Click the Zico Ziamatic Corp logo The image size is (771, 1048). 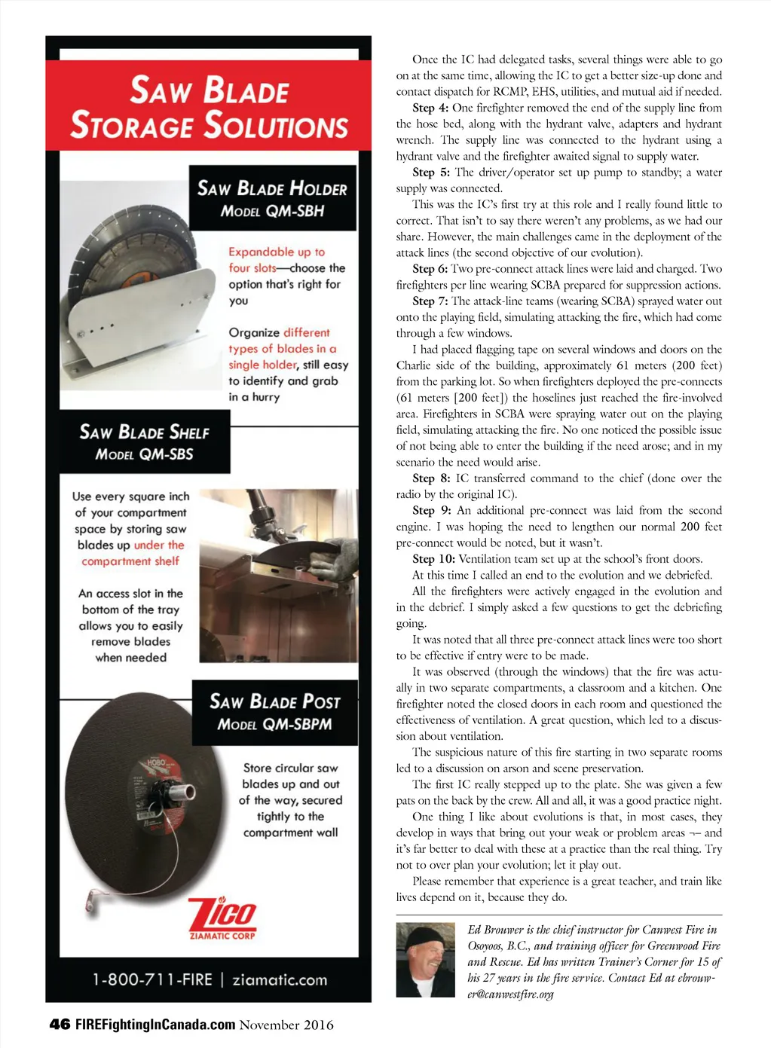click(x=222, y=918)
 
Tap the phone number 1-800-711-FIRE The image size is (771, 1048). click(x=152, y=979)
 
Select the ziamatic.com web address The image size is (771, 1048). click(x=280, y=979)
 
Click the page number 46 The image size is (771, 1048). click(x=60, y=1024)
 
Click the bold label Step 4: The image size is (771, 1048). click(x=430, y=108)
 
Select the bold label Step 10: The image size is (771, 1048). click(x=433, y=558)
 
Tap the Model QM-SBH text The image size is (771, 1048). click(x=272, y=211)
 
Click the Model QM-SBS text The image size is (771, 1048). click(x=144, y=454)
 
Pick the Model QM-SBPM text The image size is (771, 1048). click(x=274, y=724)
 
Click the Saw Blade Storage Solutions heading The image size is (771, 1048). click(x=209, y=107)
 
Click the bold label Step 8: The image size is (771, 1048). click(x=430, y=478)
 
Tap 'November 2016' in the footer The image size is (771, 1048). click(x=286, y=1024)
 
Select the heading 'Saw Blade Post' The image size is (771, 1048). click(x=274, y=701)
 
